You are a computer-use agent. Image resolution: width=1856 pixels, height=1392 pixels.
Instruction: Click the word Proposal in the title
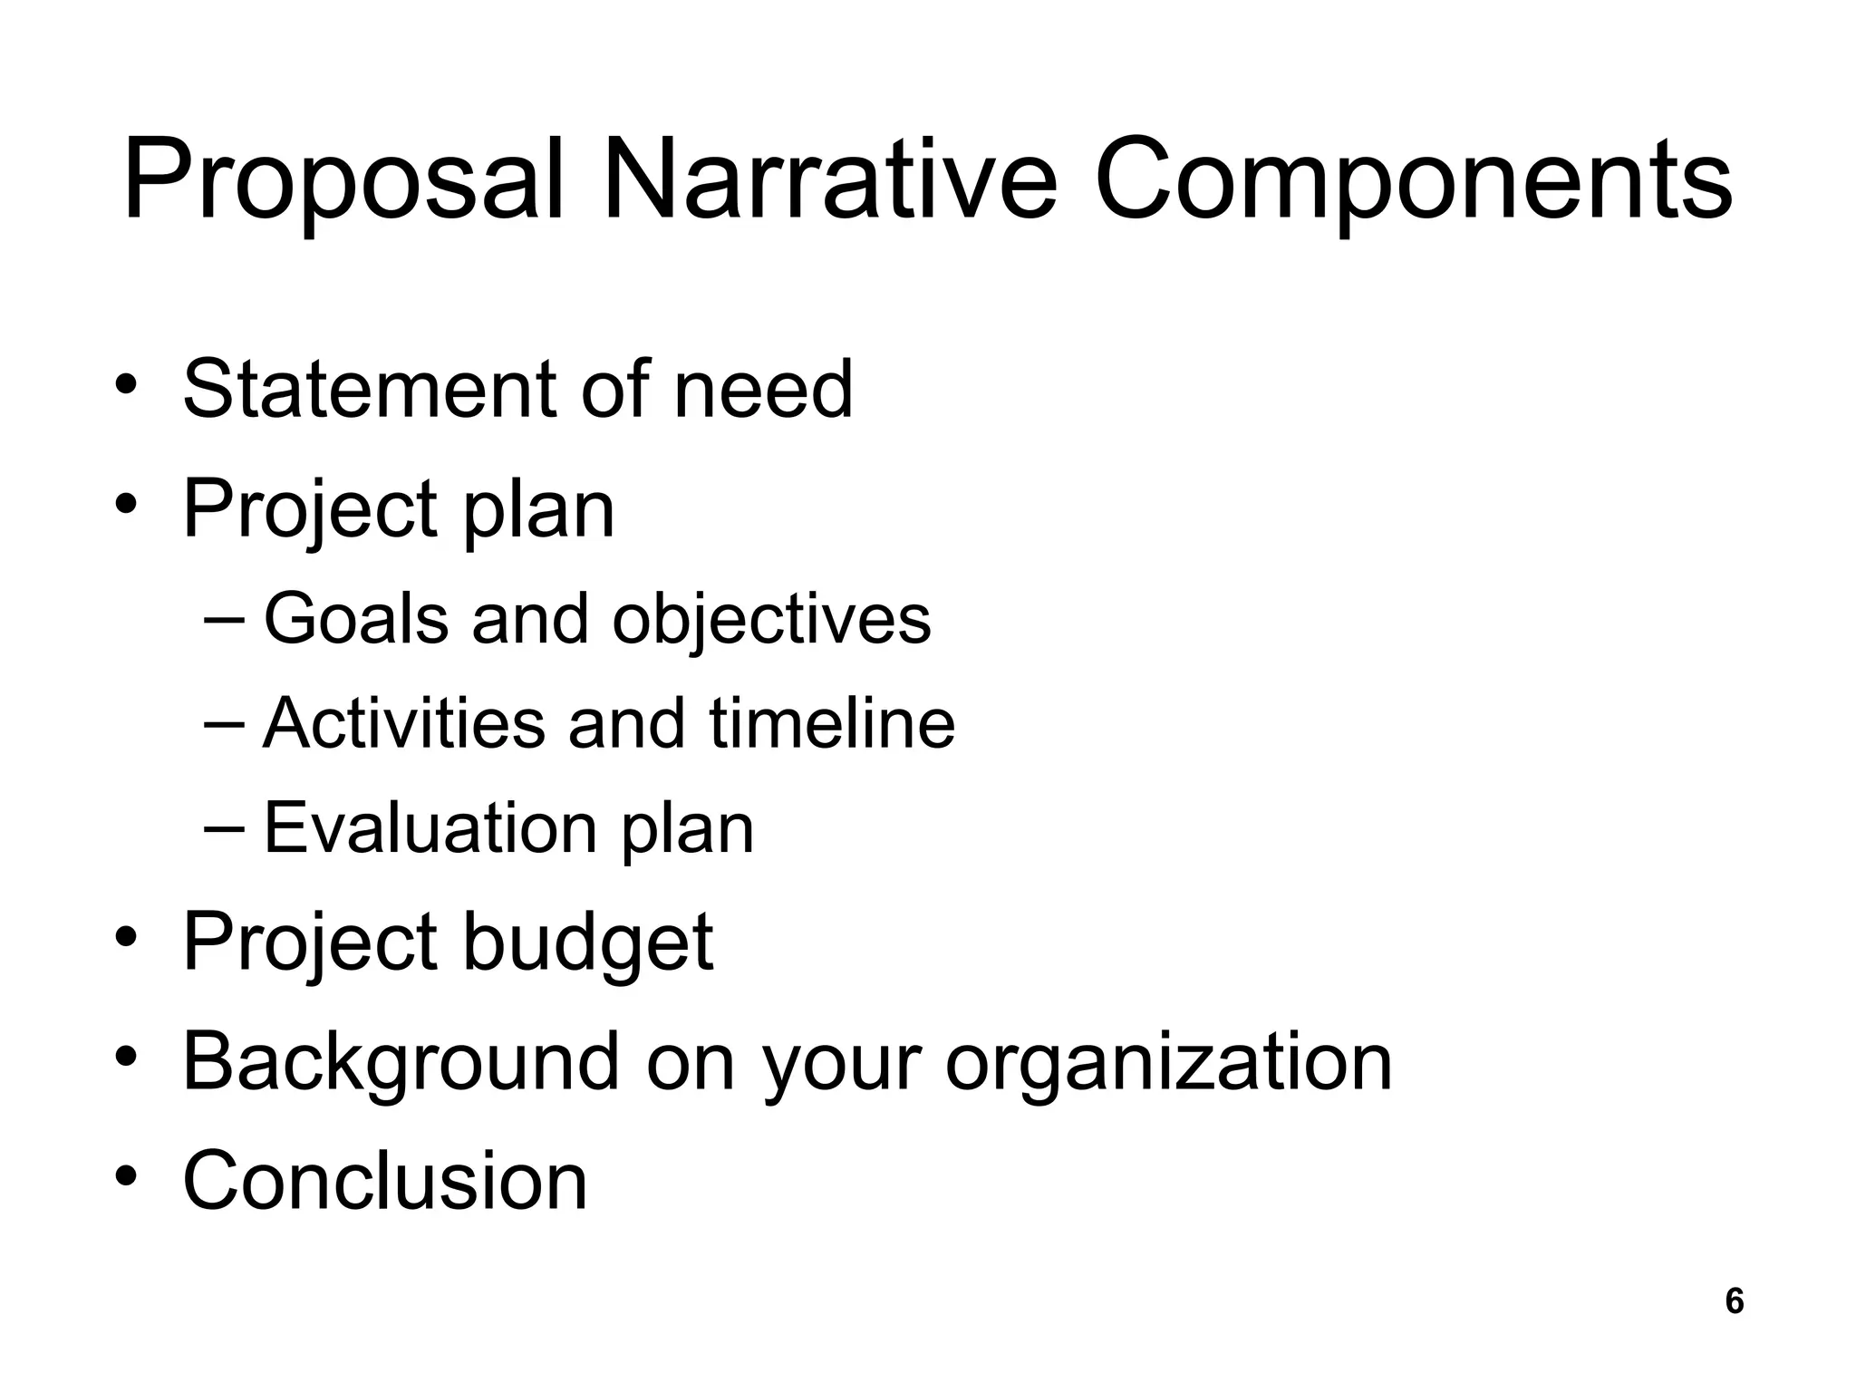[x=344, y=181]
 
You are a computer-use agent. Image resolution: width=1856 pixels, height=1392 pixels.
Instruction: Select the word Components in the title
[x=1413, y=181]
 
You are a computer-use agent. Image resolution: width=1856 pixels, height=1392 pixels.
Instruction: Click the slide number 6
[x=1734, y=1301]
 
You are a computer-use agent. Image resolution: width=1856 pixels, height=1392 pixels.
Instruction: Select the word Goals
[x=356, y=619]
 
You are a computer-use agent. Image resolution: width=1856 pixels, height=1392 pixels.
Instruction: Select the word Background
[x=400, y=1062]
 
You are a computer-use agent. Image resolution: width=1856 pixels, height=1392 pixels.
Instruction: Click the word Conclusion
[x=385, y=1180]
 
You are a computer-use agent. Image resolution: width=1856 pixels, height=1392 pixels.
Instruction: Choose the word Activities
[x=404, y=724]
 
